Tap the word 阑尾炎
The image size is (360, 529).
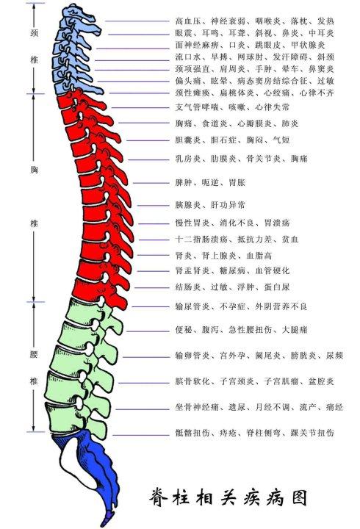coord(262,356)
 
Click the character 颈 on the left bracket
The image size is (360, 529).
coord(34,33)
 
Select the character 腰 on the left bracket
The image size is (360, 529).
coord(34,354)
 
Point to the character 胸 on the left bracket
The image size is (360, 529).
coord(34,170)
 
